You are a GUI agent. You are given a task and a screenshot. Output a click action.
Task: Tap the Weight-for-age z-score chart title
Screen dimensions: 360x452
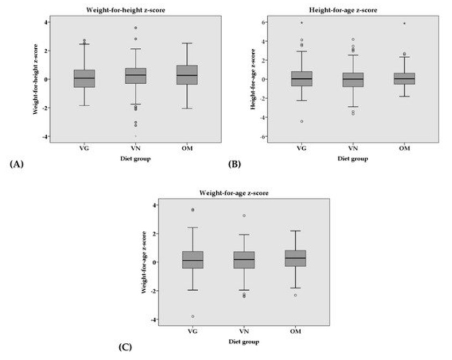tap(234, 192)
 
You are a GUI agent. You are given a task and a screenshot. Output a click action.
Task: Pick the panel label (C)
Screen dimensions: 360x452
tap(124, 347)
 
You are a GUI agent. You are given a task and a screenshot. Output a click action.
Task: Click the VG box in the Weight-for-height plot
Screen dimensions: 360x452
tap(84, 78)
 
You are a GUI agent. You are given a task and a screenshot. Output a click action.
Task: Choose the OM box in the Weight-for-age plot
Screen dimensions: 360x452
tap(295, 259)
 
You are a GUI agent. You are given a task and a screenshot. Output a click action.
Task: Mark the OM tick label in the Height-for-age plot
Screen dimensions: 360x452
tap(404, 149)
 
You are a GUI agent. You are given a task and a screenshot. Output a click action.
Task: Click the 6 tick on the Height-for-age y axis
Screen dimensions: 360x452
tap(264, 23)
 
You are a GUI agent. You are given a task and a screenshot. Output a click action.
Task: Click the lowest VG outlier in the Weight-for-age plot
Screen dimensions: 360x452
tap(192, 317)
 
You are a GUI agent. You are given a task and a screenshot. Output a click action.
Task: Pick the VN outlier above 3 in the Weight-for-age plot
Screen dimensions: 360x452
tap(244, 216)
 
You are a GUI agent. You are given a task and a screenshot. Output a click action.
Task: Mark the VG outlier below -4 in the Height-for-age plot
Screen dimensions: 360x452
tap(302, 121)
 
